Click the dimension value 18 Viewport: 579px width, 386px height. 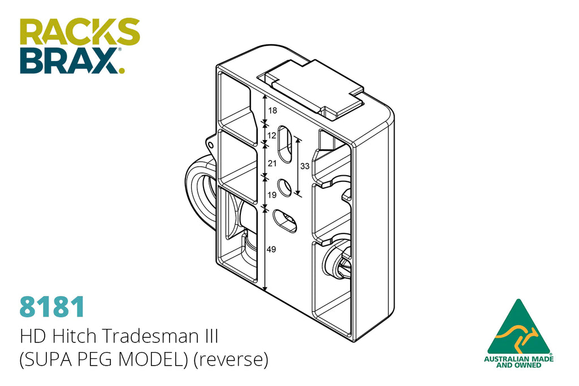tap(273, 110)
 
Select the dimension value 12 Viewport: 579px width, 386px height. tap(272, 136)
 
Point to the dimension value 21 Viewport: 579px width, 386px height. tap(272, 163)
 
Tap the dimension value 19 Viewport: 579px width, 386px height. tap(272, 195)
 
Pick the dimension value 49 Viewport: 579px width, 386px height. tap(271, 249)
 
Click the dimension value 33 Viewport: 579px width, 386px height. tap(305, 166)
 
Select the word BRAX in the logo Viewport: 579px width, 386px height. tap(69, 60)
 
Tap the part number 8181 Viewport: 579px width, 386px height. tap(52, 307)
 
